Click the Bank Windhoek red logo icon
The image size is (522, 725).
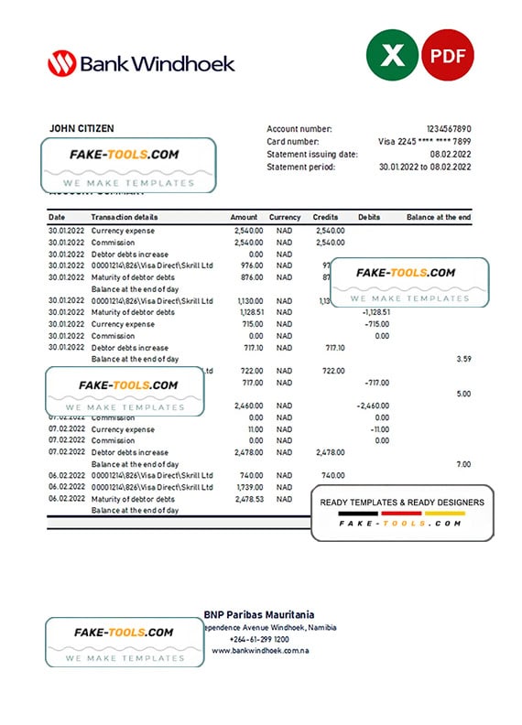(61, 63)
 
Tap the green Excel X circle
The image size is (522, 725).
(392, 57)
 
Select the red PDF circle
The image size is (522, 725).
(448, 57)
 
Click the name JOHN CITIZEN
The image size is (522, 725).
(82, 129)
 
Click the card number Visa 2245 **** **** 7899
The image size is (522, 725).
(425, 142)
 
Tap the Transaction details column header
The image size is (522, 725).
(125, 217)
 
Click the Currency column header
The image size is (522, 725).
(285, 217)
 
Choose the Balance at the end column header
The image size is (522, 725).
(439, 217)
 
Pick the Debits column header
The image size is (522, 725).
(369, 217)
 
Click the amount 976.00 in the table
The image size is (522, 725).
(251, 265)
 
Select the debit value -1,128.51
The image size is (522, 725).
(371, 312)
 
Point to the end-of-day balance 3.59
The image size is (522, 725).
(463, 359)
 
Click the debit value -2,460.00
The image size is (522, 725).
(371, 406)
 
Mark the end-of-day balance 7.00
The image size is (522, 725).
(464, 464)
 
